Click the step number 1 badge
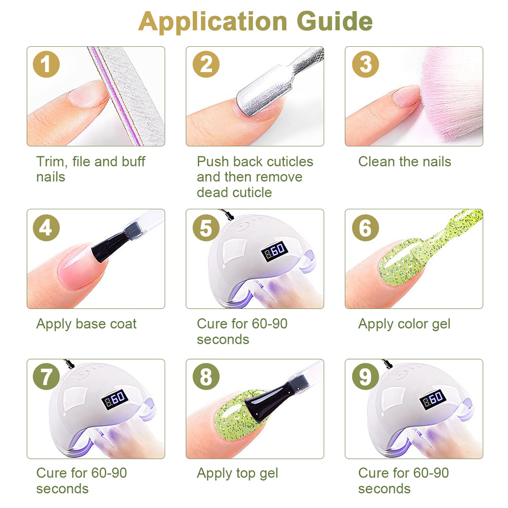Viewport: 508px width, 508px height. tap(46, 64)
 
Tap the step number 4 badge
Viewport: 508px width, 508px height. tap(46, 228)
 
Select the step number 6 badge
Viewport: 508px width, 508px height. tap(365, 228)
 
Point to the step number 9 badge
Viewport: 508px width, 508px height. tap(365, 376)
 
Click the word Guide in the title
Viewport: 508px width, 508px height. tap(334, 21)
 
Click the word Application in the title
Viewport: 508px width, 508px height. tap(213, 22)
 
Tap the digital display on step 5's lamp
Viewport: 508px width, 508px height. tap(274, 251)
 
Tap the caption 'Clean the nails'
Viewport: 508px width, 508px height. tap(405, 162)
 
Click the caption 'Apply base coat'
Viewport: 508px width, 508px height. tap(86, 324)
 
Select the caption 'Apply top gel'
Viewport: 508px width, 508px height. tap(237, 473)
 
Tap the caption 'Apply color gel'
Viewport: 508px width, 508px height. tap(404, 324)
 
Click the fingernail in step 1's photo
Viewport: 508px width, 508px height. tap(88, 94)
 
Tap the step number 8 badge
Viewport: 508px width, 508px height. tap(206, 376)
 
